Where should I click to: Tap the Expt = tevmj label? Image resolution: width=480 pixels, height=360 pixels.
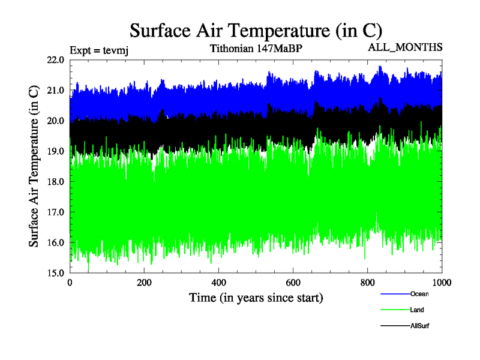99,50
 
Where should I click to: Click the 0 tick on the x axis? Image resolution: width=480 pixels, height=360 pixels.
70,282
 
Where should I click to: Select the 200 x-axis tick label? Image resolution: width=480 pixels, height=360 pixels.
145,282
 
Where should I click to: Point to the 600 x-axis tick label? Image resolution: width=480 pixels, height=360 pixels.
293,282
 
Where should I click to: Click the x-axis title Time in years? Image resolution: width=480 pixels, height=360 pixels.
256,298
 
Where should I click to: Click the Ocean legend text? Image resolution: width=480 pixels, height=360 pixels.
419,294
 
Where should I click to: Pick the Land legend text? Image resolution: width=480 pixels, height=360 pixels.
418,310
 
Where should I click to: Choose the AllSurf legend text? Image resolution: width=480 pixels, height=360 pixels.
420,326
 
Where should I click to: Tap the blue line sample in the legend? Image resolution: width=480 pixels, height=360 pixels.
395,294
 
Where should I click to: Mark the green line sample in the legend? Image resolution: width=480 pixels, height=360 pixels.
395,310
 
